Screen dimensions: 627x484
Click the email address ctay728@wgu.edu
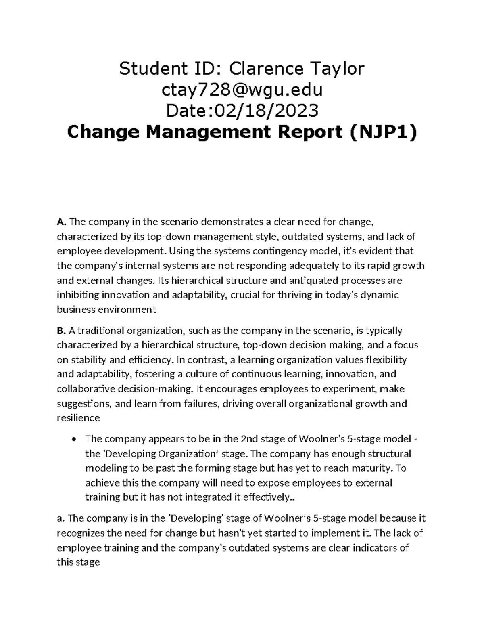coord(242,90)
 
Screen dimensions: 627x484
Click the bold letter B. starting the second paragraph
coord(61,331)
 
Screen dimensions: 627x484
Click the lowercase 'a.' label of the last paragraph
coord(60,518)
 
